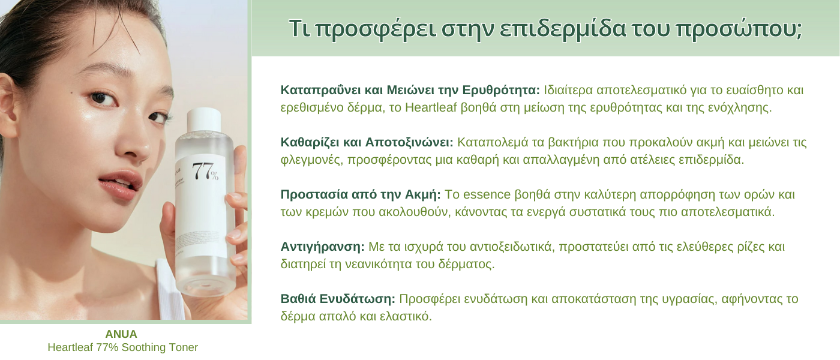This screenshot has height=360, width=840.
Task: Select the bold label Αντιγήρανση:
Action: tap(323, 247)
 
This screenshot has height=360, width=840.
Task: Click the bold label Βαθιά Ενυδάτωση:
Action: tap(338, 299)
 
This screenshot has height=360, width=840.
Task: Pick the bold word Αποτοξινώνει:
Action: tap(409, 143)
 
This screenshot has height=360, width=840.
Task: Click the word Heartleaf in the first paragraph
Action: tap(431, 107)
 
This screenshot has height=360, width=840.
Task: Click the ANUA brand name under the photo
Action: tap(121, 334)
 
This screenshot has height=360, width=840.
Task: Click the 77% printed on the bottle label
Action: tap(205, 172)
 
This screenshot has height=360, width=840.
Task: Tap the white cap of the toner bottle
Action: tap(203, 119)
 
